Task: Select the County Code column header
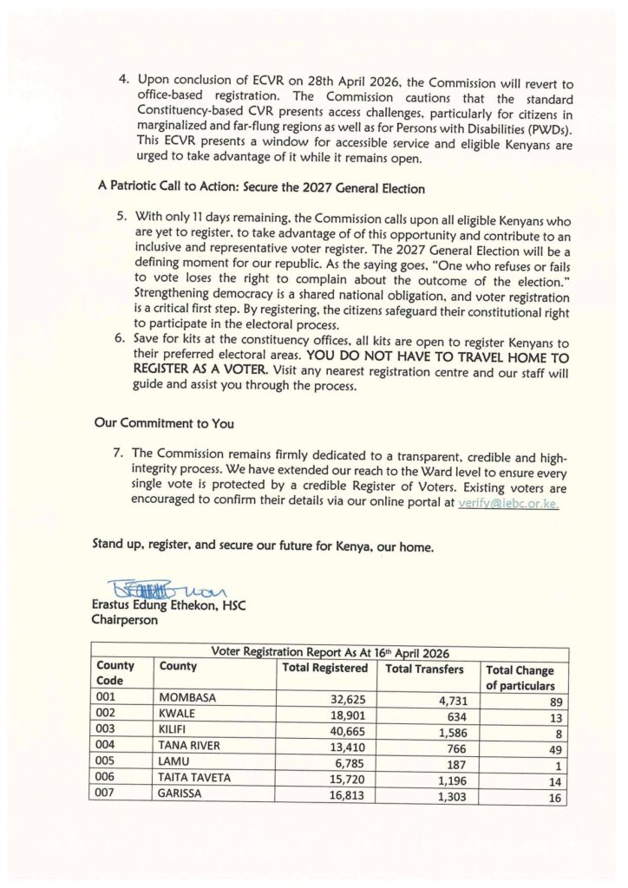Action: click(x=115, y=674)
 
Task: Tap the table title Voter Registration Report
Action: click(x=330, y=653)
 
